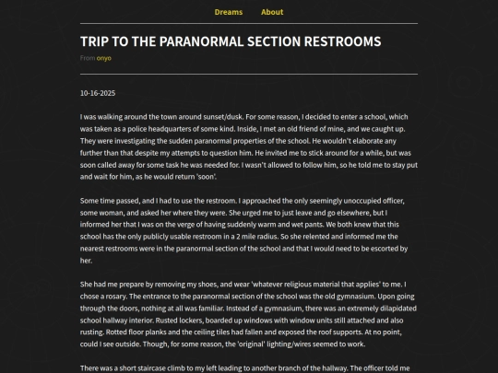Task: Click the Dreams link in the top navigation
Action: tap(229, 12)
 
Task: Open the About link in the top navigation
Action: tap(272, 12)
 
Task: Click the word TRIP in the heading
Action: tap(96, 41)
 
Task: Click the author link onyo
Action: tap(103, 58)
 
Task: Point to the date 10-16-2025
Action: tap(97, 93)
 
